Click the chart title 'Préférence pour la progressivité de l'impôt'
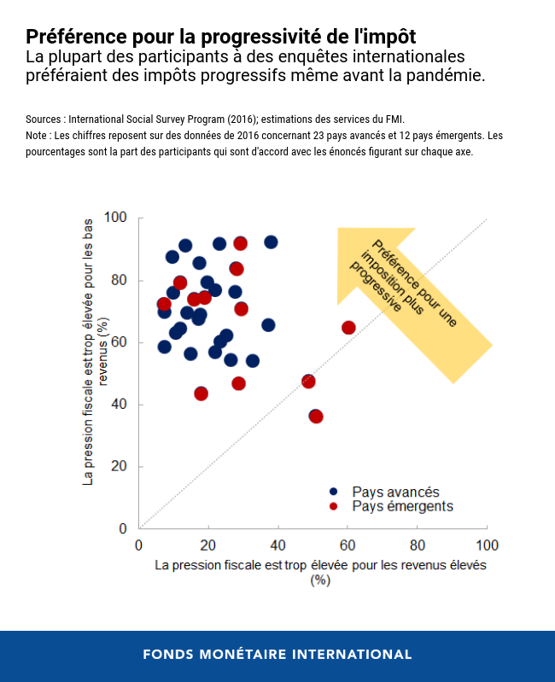coord(221,37)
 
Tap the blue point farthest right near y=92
coord(271,242)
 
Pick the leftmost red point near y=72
coord(164,304)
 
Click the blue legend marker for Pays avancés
coord(333,492)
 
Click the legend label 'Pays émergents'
coord(402,506)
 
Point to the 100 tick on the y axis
coord(115,218)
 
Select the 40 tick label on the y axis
coord(119,405)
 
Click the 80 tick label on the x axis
coord(418,545)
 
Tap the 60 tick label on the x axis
coord(348,545)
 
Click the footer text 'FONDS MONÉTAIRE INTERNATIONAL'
coord(277,655)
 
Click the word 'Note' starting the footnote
coord(38,136)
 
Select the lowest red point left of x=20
coord(202,393)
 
